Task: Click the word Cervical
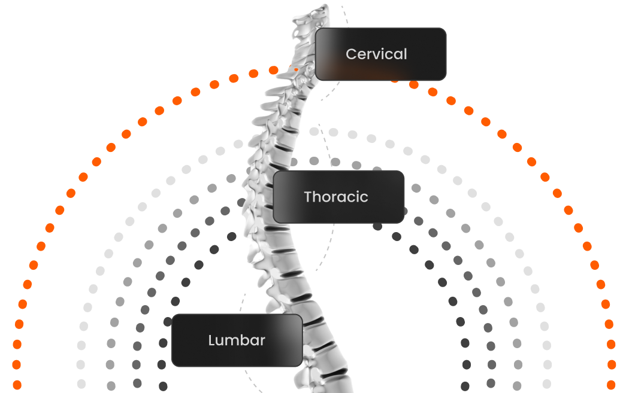pos(376,54)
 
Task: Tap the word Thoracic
pos(335,197)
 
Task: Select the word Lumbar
pos(237,340)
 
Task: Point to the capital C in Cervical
pos(350,54)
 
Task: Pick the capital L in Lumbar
pos(211,340)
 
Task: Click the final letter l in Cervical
pos(405,54)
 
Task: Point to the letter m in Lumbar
pos(232,342)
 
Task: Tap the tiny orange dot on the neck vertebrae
pos(296,70)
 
